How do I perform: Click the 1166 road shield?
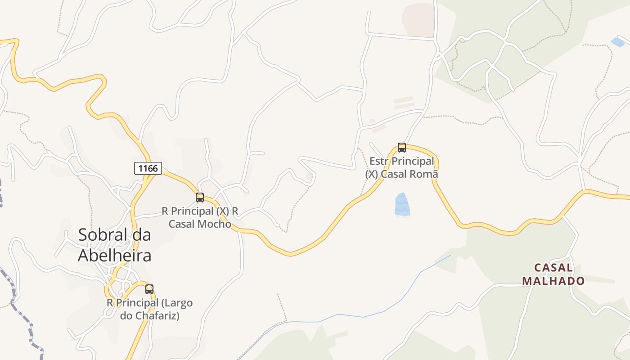(148, 168)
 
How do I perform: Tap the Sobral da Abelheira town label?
(114, 245)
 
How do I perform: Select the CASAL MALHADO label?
(553, 274)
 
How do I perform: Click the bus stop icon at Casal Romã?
(402, 148)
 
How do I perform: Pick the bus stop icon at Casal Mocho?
(200, 198)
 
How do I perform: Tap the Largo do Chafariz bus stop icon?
(149, 289)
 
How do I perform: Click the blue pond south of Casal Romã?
(402, 205)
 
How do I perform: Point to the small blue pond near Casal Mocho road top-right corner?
(618, 42)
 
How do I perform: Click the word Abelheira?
(114, 256)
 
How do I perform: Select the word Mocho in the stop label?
(213, 224)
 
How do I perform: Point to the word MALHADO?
(553, 281)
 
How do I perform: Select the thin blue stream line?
(360, 316)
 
